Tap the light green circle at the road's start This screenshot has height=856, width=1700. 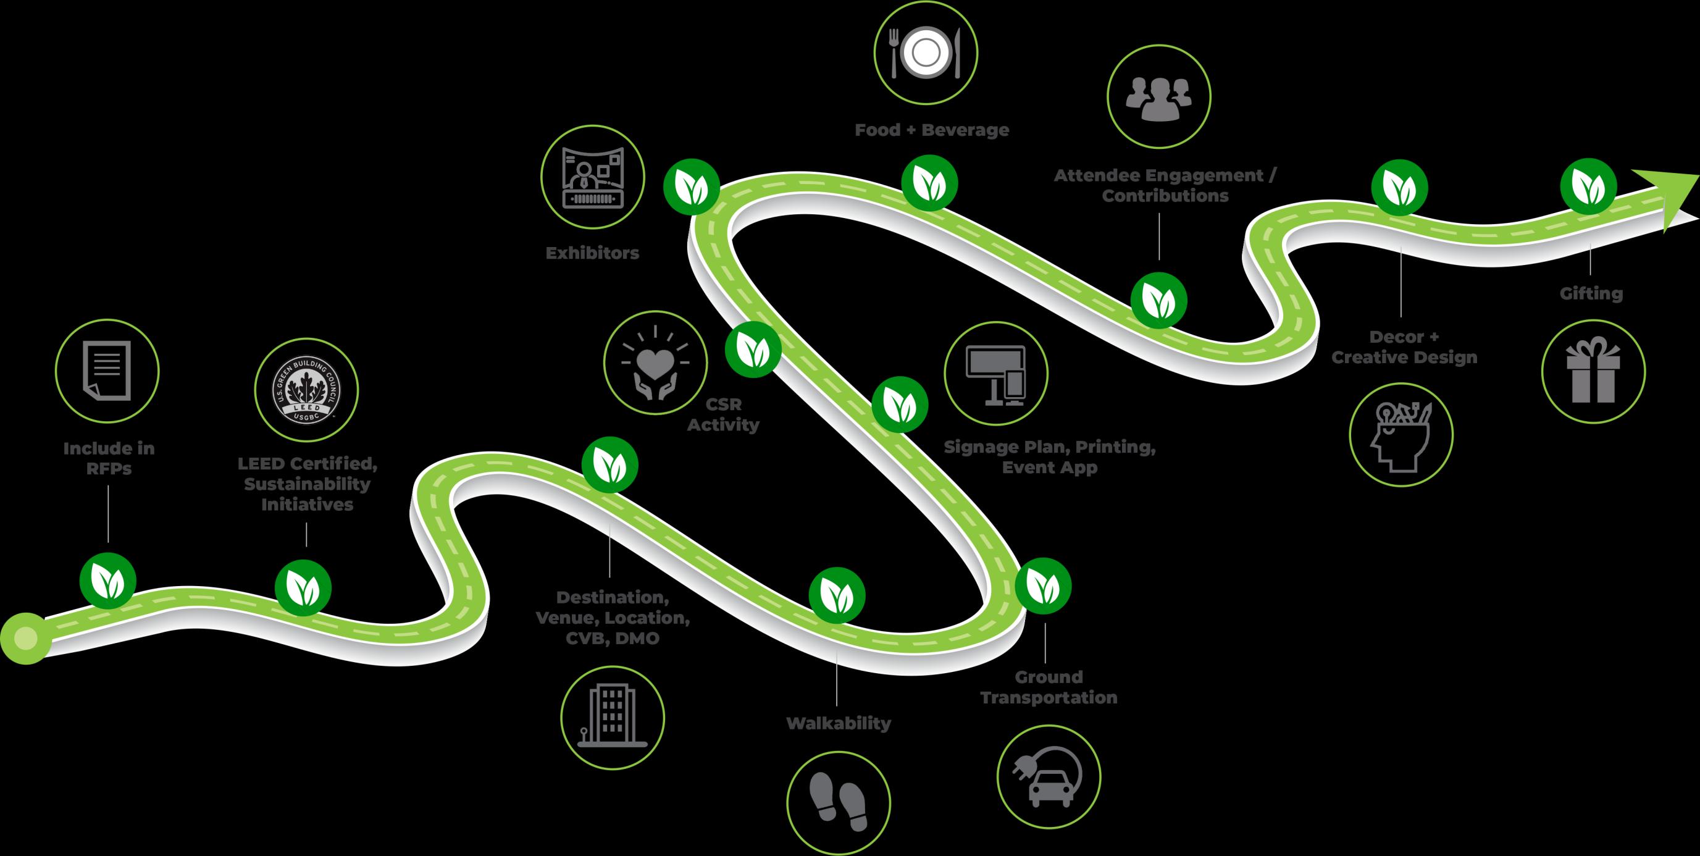(25, 638)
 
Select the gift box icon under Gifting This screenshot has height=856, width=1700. (1593, 372)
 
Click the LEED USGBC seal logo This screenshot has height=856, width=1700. (306, 392)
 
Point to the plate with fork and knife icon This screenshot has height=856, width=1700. (926, 52)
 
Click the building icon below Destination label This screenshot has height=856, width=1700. (612, 717)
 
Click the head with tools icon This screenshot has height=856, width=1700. (1401, 435)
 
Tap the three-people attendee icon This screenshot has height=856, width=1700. (1158, 98)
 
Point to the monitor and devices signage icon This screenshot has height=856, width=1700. (995, 374)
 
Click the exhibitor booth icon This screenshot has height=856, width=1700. (592, 177)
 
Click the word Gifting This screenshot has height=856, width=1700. (1591, 293)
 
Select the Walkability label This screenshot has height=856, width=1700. (838, 723)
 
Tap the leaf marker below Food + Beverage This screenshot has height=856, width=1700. (929, 183)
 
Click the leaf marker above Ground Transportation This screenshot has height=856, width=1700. (1043, 586)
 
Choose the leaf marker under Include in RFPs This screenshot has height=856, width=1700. (107, 580)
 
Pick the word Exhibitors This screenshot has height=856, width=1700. (592, 253)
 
